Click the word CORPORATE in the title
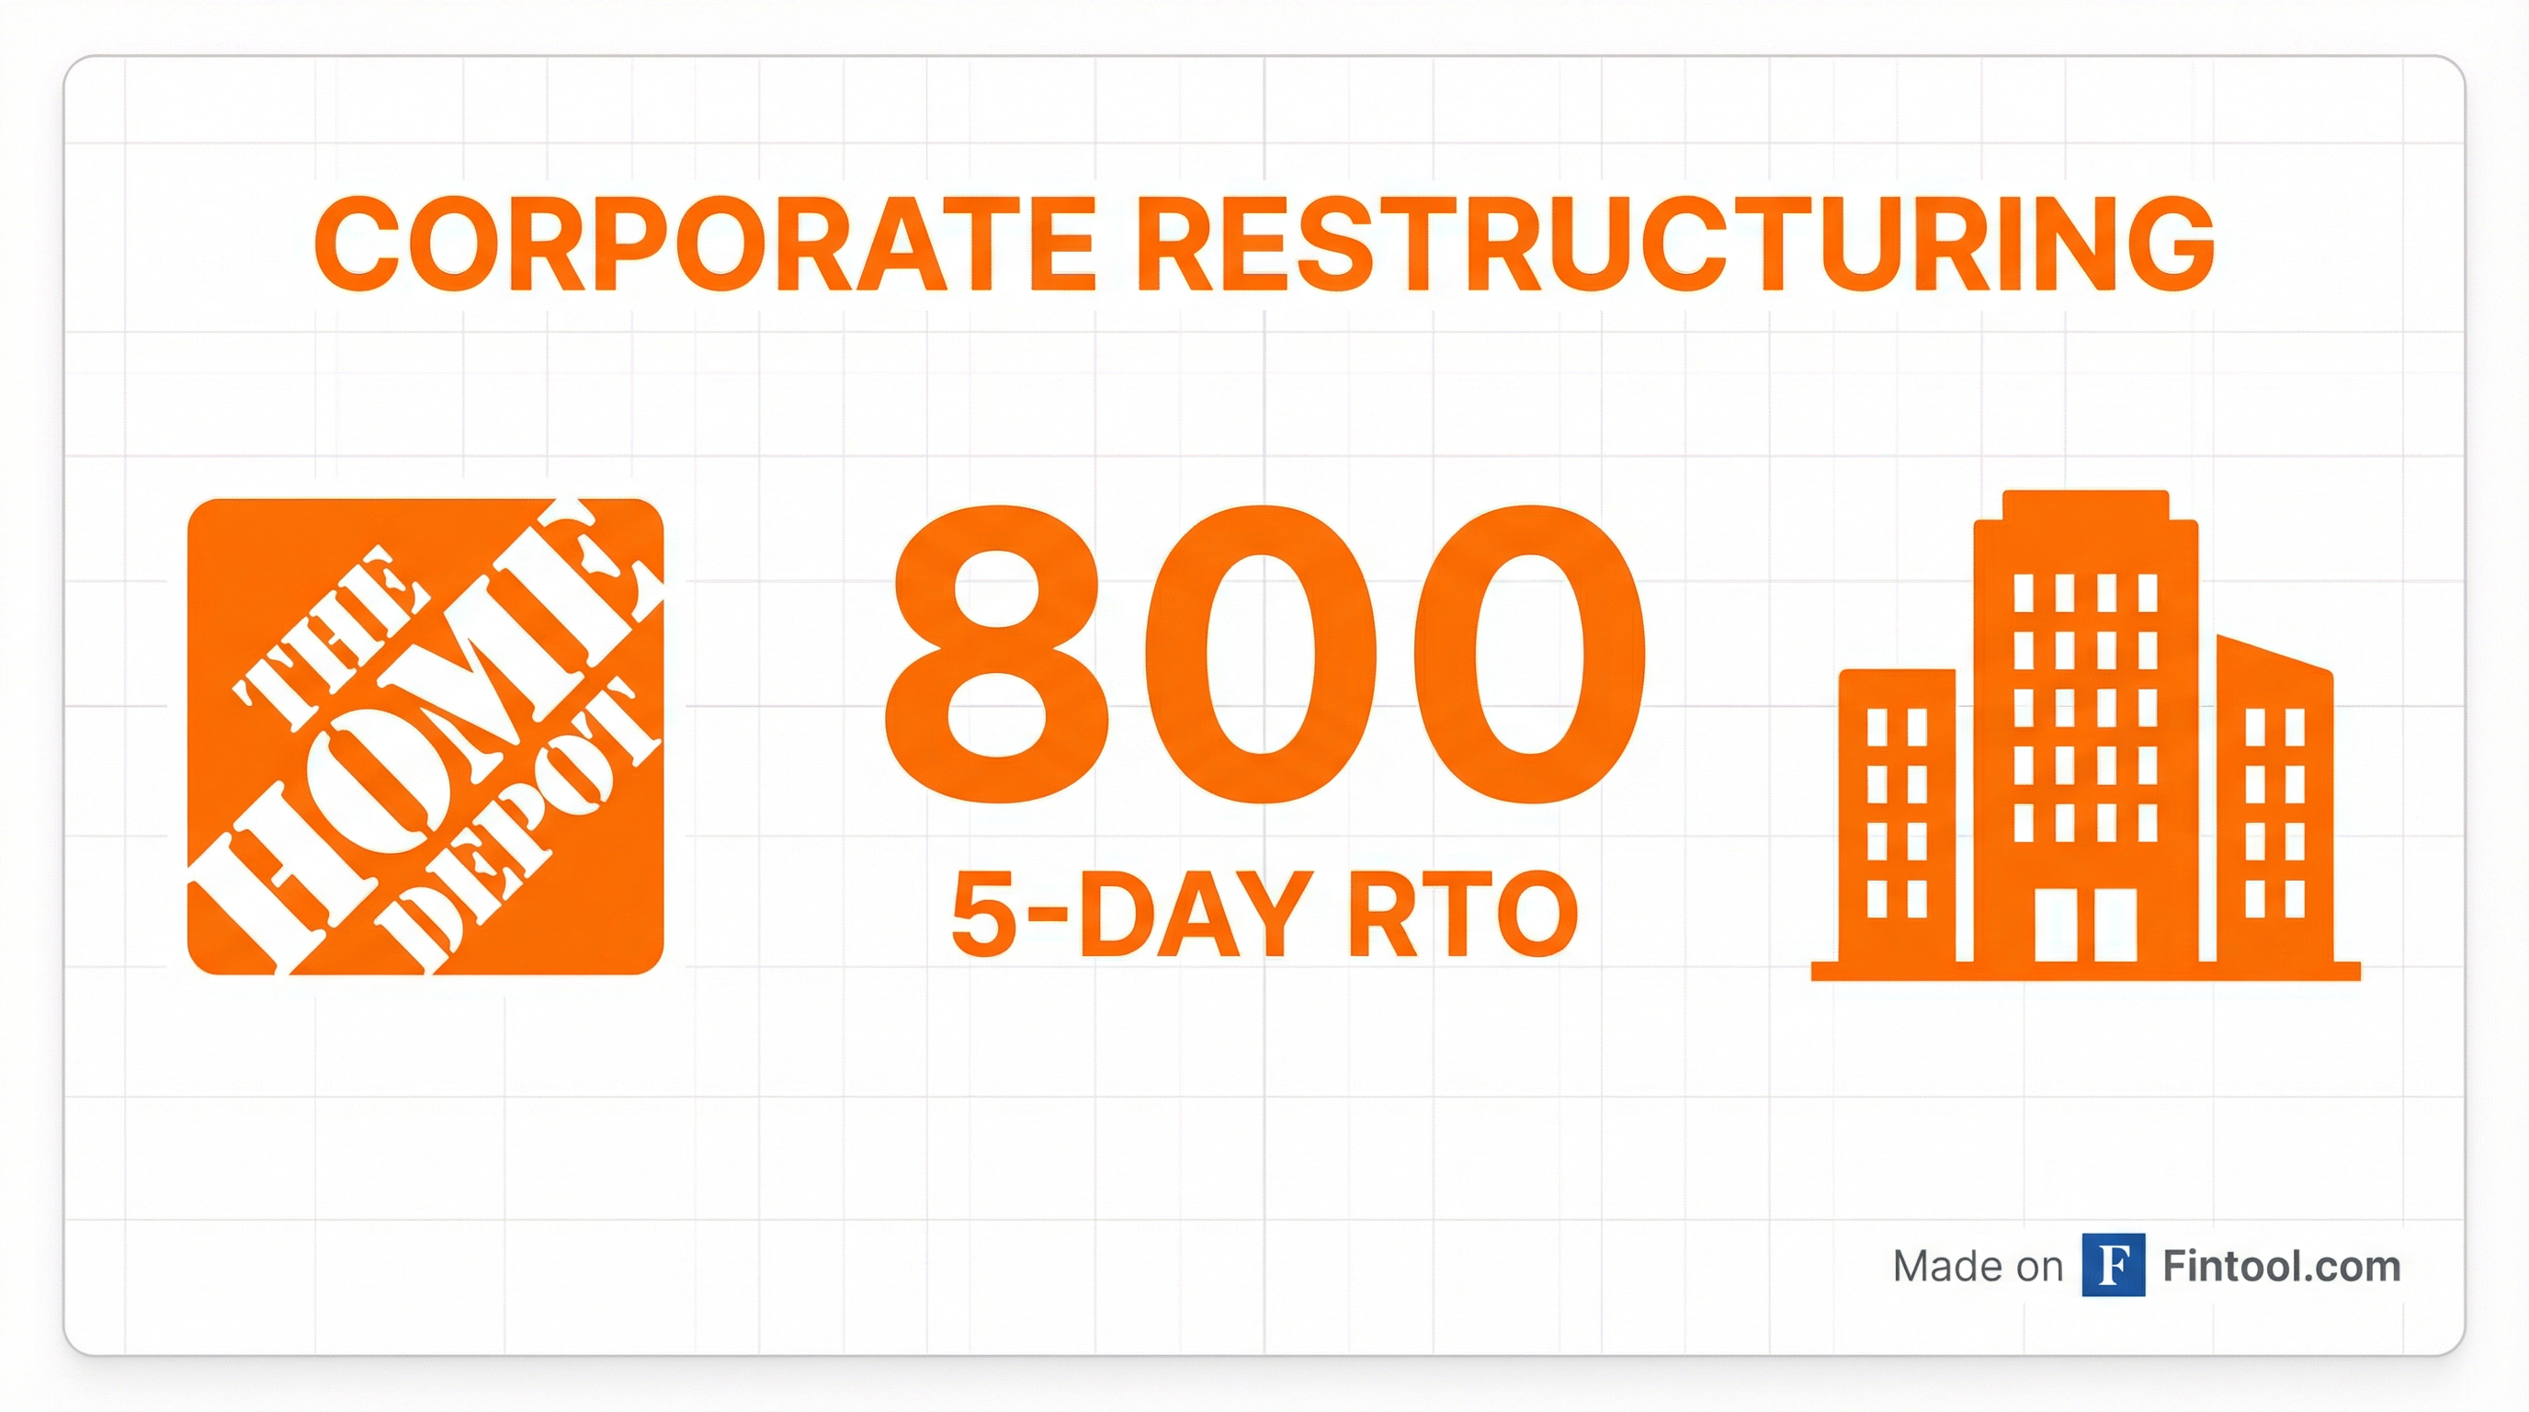pos(704,245)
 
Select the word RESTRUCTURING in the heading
pos(1676,245)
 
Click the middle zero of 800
pos(1262,654)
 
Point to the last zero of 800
pos(1526,654)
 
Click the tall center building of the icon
pos(2085,725)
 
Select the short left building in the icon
pos(1897,816)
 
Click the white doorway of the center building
pos(2085,924)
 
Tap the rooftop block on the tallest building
pos(2085,505)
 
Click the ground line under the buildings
pos(2085,971)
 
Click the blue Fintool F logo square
pos(2113,1267)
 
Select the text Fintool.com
pos(2282,1267)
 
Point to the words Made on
pos(1978,1267)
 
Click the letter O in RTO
pos(1535,916)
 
